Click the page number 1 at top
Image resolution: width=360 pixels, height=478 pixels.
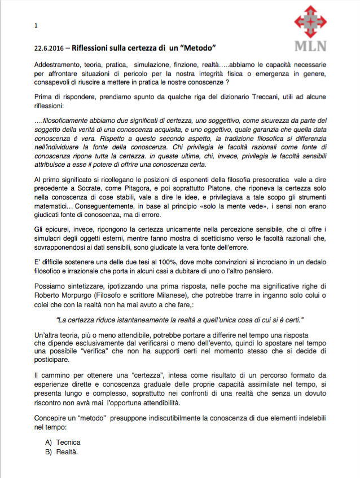click(x=36, y=25)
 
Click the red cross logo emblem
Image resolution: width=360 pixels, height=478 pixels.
click(x=310, y=23)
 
